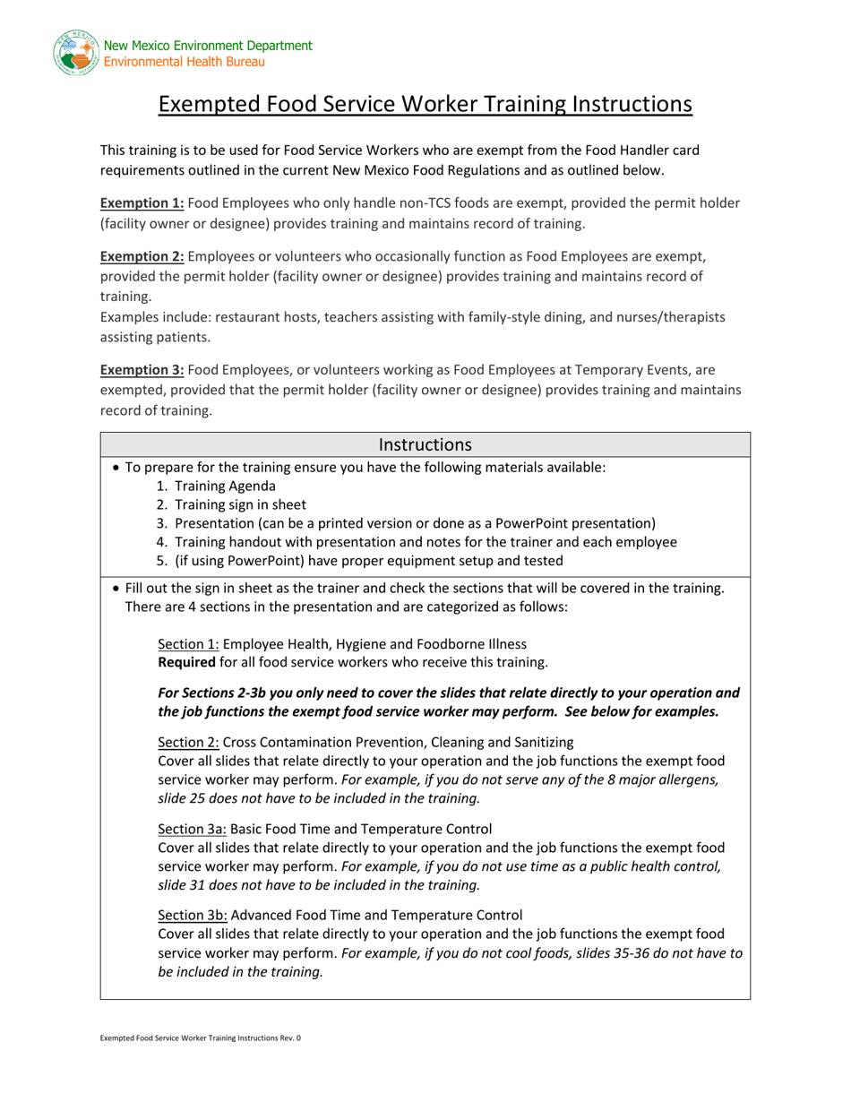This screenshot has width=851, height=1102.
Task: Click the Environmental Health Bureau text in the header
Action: (184, 62)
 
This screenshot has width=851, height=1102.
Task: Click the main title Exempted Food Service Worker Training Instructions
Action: (425, 105)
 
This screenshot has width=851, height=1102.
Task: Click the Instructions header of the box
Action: (425, 444)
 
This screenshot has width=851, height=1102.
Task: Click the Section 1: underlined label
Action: (188, 643)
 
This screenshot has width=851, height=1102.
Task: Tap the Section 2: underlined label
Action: (188, 742)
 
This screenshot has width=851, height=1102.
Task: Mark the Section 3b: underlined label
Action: (192, 915)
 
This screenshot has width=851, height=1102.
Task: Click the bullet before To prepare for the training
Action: (116, 468)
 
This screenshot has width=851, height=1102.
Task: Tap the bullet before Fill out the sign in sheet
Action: (116, 589)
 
